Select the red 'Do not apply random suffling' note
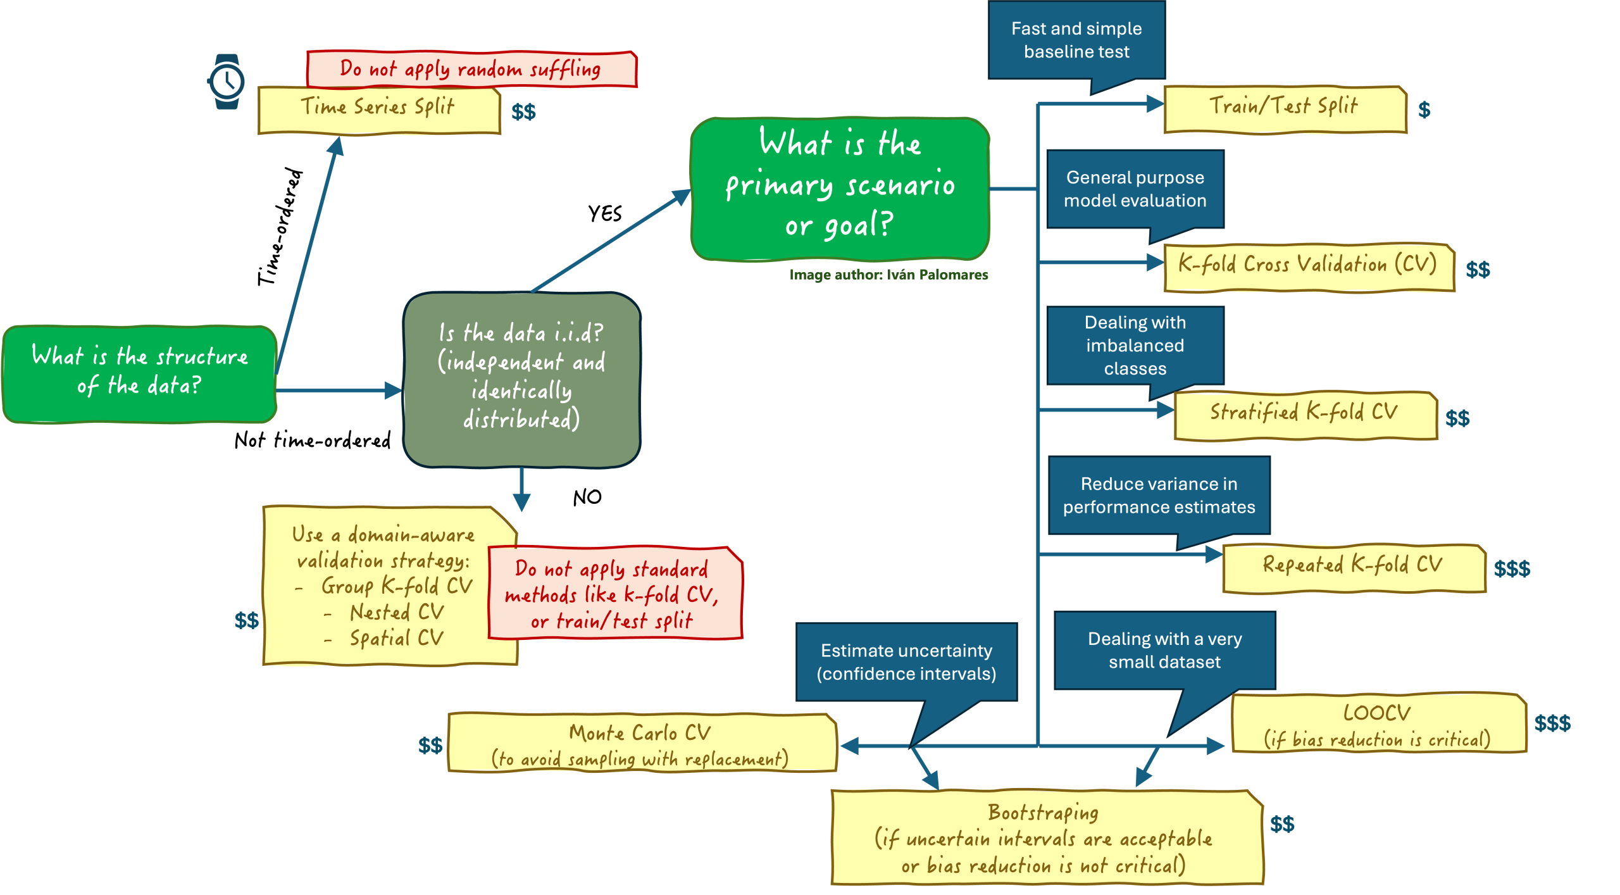471,68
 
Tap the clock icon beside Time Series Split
226,82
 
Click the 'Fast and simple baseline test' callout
1076,41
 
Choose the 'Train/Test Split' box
1284,109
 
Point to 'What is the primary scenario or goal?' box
840,187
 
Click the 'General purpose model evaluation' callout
1135,189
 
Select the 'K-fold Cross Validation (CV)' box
1308,266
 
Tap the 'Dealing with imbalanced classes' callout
1135,345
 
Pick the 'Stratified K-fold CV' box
1304,415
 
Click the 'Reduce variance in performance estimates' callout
1159,495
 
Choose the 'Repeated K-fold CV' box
1353,568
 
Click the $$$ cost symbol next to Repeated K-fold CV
1512,569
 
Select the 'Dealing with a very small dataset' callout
1164,650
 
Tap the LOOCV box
1378,725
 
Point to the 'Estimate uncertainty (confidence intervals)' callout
906,662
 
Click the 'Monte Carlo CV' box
640,744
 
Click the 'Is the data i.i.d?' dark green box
521,379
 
